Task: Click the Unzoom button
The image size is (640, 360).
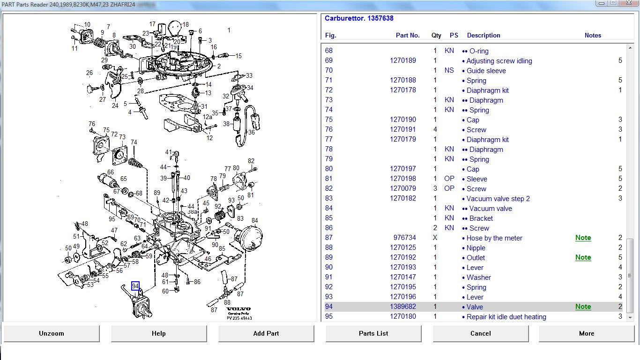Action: (x=52, y=333)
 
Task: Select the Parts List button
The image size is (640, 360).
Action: (x=373, y=333)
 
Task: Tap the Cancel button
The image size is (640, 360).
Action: (x=481, y=333)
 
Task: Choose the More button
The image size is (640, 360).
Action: (x=587, y=333)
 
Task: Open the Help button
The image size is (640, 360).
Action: (x=159, y=333)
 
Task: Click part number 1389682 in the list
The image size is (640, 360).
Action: (x=403, y=307)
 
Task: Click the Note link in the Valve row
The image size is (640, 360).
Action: (x=583, y=307)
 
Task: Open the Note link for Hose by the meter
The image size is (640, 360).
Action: (x=583, y=238)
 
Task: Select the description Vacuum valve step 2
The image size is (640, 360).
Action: (x=498, y=198)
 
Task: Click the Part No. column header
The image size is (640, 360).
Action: (x=408, y=36)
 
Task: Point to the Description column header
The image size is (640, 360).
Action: (x=484, y=36)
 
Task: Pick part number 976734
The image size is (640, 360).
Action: (x=405, y=238)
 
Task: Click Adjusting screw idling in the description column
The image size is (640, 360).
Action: (x=499, y=61)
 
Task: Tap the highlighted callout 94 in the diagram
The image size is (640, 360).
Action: (x=135, y=286)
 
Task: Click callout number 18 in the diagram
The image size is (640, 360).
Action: (x=186, y=24)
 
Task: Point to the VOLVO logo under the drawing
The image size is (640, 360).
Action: (x=238, y=309)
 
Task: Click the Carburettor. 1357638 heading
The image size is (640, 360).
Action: (x=359, y=18)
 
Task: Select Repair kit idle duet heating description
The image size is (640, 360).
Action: (x=506, y=317)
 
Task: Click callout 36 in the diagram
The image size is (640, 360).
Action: (x=252, y=132)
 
